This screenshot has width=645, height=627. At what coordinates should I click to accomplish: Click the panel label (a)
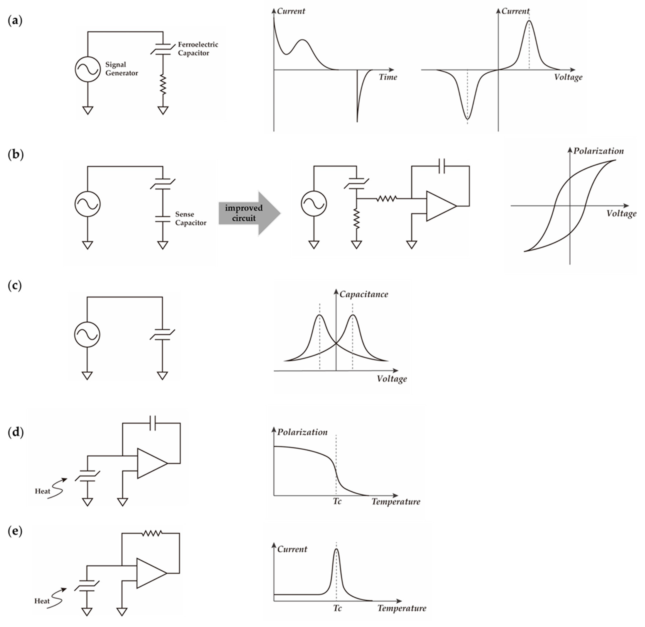click(15, 21)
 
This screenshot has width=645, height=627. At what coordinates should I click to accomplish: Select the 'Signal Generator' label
click(121, 69)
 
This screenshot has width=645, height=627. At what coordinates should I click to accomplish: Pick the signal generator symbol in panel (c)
click(87, 335)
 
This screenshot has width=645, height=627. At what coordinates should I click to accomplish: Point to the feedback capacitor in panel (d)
click(152, 423)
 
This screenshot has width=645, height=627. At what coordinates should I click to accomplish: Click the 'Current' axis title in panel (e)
click(292, 549)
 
